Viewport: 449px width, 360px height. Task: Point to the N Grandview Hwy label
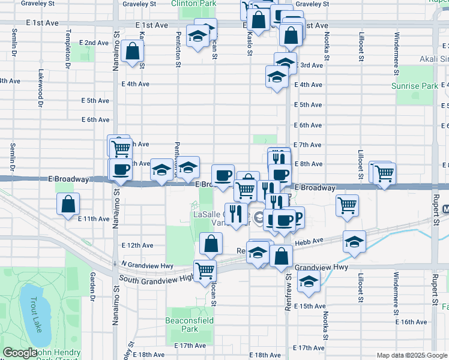147,265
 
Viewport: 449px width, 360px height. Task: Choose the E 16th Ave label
414,322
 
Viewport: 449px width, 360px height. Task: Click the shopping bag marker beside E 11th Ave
68,204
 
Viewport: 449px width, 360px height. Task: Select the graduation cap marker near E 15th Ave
309,281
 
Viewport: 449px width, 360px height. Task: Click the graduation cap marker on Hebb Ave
355,241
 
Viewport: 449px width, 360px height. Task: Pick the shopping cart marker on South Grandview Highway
205,270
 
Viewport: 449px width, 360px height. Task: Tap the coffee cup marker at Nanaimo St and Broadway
120,169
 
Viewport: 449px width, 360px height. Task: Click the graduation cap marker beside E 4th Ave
276,76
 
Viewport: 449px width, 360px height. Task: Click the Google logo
20,353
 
